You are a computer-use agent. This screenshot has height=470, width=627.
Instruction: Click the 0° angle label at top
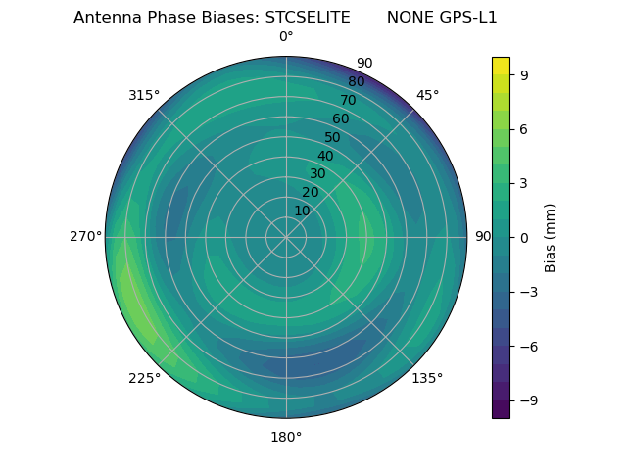click(x=286, y=37)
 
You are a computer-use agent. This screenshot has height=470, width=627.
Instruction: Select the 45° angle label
click(x=427, y=95)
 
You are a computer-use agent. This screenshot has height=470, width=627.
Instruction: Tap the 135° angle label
click(x=427, y=378)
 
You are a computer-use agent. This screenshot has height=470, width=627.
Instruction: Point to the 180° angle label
click(x=286, y=437)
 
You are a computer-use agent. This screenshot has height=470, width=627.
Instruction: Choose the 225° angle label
click(x=144, y=378)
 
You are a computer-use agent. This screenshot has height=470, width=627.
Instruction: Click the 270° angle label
click(x=85, y=237)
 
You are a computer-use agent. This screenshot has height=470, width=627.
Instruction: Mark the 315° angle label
click(x=144, y=95)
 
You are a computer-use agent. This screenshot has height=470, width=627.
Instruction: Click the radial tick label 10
click(x=302, y=211)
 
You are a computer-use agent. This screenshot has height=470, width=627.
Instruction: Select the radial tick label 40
click(x=325, y=156)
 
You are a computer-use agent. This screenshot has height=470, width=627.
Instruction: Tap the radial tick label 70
click(x=348, y=100)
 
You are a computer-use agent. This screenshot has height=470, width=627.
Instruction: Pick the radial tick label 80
click(x=356, y=81)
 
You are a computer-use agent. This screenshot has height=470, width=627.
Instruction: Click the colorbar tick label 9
click(x=524, y=74)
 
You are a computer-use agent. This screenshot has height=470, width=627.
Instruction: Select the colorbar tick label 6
click(x=524, y=129)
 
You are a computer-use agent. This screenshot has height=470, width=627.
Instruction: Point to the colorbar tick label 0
click(x=524, y=238)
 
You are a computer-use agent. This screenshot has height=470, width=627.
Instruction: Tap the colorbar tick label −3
click(x=528, y=292)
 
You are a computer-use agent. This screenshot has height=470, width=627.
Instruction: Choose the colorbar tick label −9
click(x=528, y=400)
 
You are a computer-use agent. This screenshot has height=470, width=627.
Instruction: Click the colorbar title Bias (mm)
click(x=551, y=238)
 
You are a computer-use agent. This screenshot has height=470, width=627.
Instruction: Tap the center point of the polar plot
click(x=286, y=237)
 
